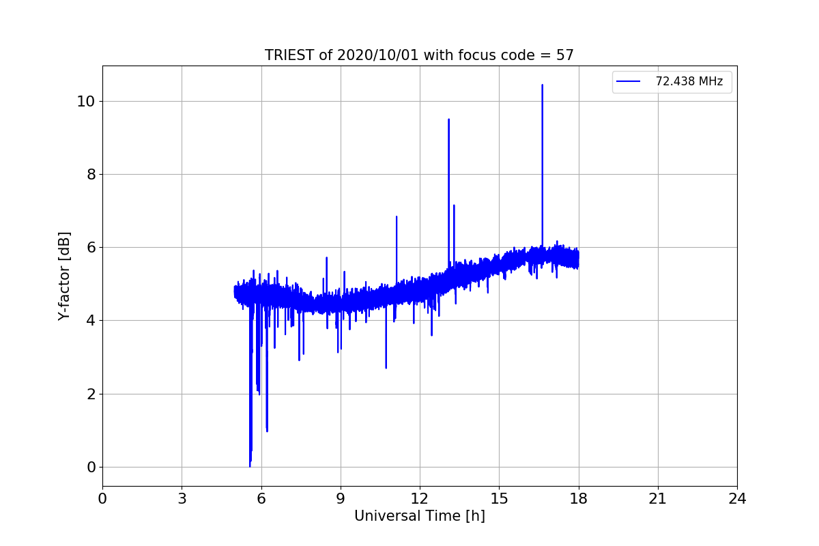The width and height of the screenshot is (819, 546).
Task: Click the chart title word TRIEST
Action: (x=289, y=55)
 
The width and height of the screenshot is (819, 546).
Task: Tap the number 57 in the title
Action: (x=564, y=55)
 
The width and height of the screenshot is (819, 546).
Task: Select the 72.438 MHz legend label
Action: (x=689, y=82)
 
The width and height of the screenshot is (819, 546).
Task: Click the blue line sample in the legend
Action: (x=628, y=82)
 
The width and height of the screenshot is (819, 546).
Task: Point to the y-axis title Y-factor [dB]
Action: (x=64, y=276)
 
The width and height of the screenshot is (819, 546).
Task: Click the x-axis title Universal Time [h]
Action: (x=419, y=517)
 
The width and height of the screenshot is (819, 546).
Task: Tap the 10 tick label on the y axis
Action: (x=85, y=101)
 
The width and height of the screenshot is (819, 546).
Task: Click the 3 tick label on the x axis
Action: (x=182, y=499)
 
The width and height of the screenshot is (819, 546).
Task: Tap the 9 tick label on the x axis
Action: (x=341, y=499)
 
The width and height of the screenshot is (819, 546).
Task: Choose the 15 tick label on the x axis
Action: (x=499, y=499)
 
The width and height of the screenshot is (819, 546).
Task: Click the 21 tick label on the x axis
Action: (x=658, y=499)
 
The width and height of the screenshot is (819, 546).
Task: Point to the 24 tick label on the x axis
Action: (x=737, y=499)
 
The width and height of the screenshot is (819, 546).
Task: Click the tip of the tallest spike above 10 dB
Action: (x=542, y=85)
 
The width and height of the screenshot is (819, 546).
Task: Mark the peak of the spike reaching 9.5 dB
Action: (x=448, y=119)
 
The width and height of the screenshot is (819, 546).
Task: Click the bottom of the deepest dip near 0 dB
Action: (x=250, y=466)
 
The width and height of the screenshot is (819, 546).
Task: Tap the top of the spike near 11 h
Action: (x=397, y=217)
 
